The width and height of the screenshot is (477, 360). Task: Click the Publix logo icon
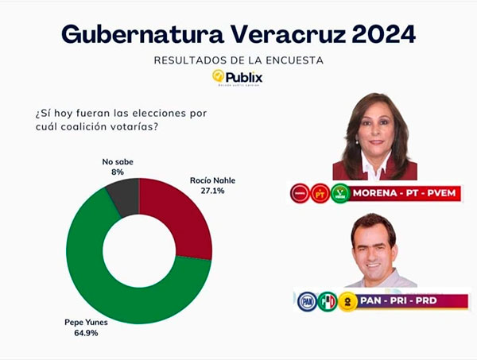tap(218, 76)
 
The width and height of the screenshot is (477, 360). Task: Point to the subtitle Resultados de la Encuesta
tap(238, 60)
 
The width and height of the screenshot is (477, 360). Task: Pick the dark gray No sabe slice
tap(123, 196)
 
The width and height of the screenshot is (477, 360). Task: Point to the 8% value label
tap(118, 171)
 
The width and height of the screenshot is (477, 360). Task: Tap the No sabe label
tap(118, 161)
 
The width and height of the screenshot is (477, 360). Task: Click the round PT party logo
tap(320, 193)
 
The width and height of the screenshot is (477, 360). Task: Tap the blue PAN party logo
tap(307, 301)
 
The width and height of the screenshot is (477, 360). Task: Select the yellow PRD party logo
tap(347, 301)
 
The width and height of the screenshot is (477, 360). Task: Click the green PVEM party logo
tap(340, 193)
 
